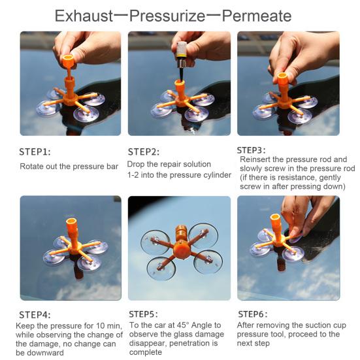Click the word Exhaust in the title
coord(84,16)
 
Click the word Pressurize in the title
coord(167,16)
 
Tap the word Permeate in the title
coord(257,16)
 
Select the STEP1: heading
coord(35,152)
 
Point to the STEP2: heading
coord(144,152)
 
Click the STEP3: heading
coord(251,150)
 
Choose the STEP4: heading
coord(35,315)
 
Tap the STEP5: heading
coord(144,314)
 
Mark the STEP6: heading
coord(253,314)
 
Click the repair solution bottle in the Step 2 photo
coord(182,55)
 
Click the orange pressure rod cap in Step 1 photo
coord(68,60)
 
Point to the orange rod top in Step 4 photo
coord(71,223)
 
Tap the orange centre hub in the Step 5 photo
coord(182,249)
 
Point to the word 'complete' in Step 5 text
coord(146,352)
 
